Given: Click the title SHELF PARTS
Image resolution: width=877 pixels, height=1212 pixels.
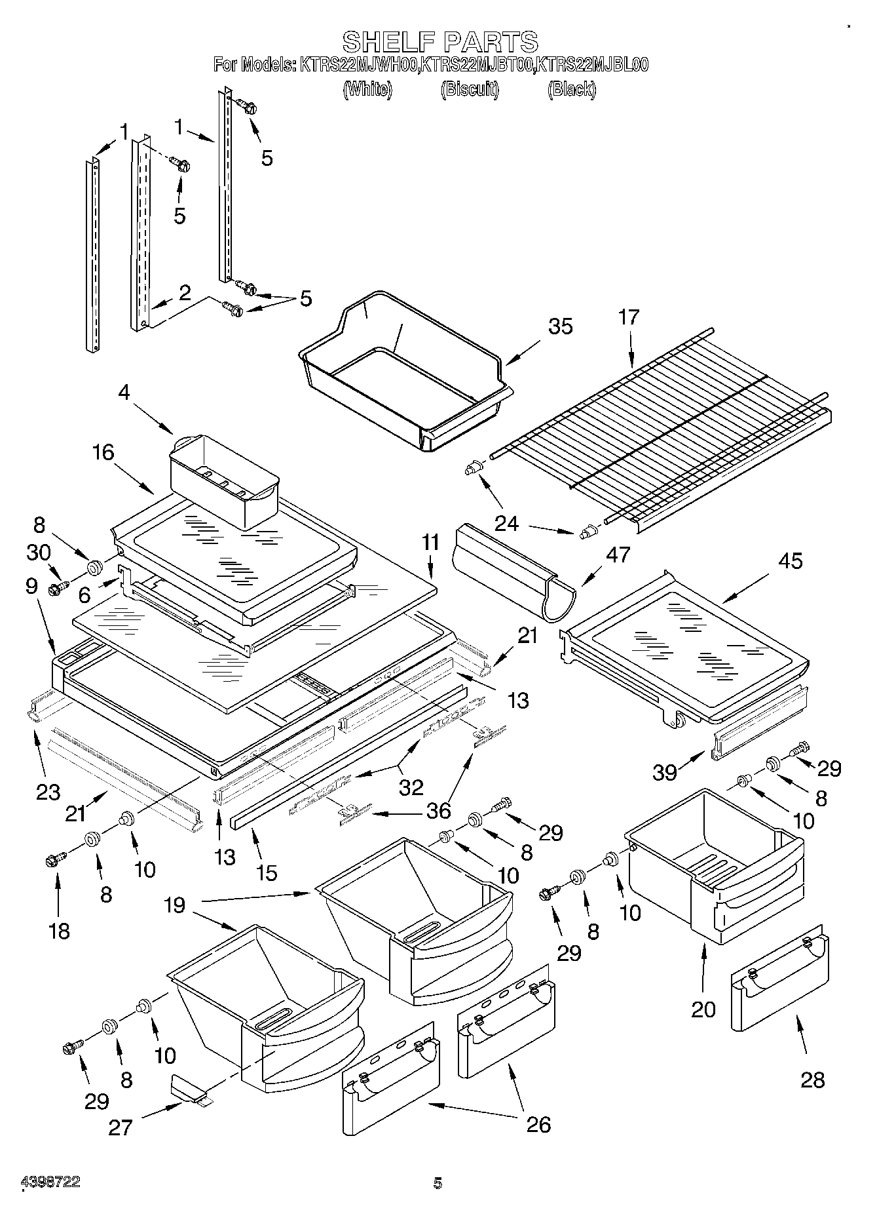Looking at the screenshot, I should [x=440, y=42].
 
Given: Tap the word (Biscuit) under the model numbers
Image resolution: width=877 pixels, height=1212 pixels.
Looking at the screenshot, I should [x=470, y=89].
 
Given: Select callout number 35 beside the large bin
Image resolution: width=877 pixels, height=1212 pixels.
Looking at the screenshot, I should [x=560, y=326].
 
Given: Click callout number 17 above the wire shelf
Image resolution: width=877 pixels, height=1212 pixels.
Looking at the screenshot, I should [x=628, y=317].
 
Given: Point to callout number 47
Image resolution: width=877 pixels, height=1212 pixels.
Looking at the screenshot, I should [x=618, y=555].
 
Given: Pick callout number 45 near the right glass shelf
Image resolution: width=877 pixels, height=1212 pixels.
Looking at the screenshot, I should [x=791, y=561].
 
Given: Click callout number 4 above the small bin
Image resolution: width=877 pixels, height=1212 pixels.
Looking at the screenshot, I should [x=124, y=392].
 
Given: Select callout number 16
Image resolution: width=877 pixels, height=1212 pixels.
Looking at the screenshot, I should [x=103, y=452].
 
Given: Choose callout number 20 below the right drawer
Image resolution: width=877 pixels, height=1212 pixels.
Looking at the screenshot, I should [x=703, y=1009].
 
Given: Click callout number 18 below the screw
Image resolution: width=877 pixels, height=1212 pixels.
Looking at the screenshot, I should [x=59, y=930].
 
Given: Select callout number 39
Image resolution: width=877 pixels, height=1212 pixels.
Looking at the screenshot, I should [x=665, y=773].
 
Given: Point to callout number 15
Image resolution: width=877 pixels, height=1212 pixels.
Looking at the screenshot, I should [x=267, y=872].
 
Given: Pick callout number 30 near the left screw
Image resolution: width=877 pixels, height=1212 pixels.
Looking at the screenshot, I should [x=39, y=553].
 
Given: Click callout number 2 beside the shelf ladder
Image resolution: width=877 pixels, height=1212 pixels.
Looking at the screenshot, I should [x=185, y=292].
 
